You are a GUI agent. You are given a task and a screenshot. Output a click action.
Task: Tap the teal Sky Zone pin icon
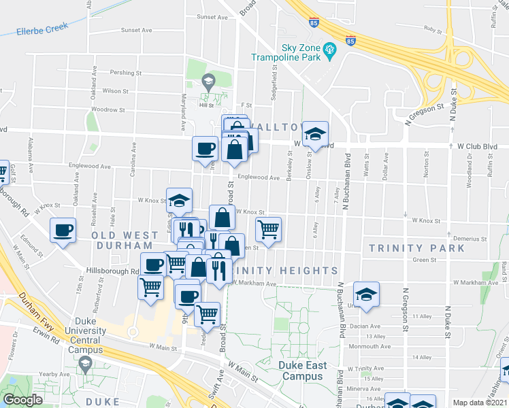tap(330, 50)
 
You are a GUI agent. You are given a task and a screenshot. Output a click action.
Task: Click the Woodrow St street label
tap(109, 109)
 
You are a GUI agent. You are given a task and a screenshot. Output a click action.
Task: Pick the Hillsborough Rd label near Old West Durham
tap(112, 271)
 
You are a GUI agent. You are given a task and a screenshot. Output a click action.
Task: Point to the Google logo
tap(22, 400)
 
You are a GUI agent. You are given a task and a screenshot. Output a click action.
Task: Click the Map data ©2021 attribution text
tap(480, 403)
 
